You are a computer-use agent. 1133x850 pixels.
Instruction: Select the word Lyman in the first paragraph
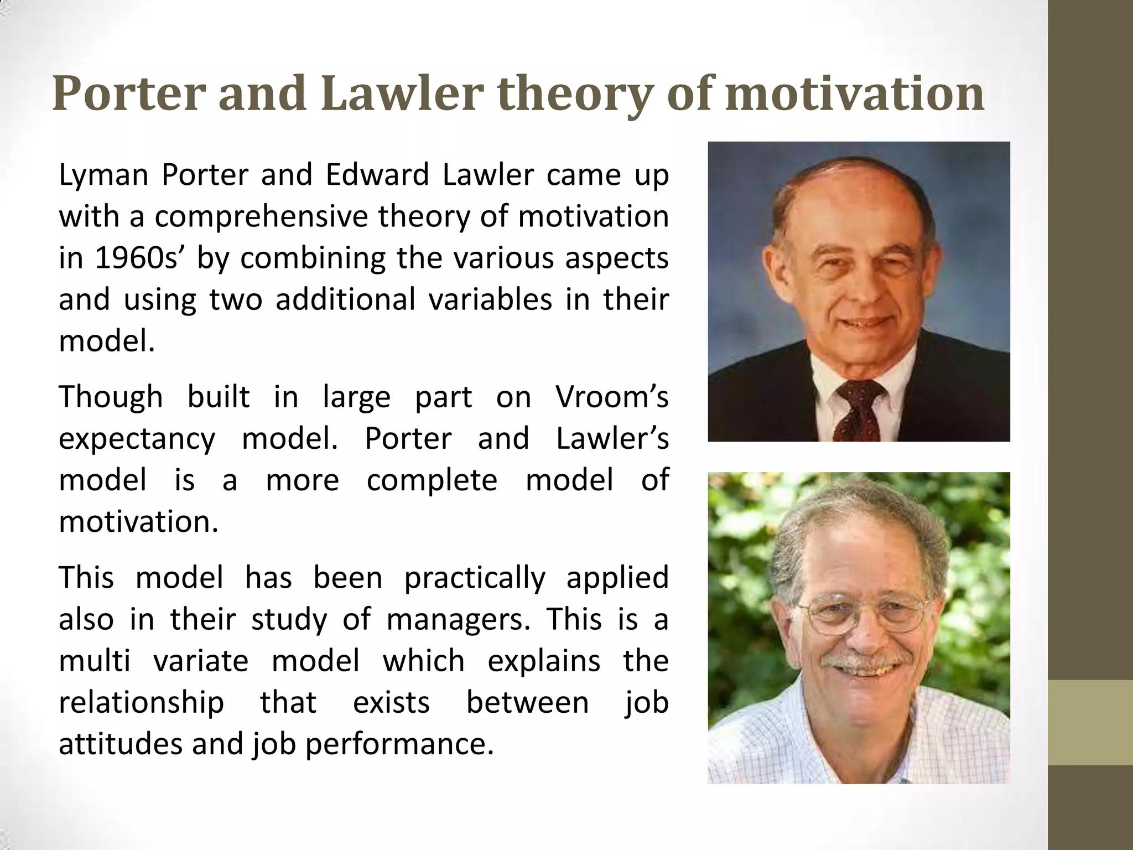103,176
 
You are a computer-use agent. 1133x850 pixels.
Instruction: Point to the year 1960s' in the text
139,258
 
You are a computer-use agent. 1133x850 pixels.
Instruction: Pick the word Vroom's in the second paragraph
612,397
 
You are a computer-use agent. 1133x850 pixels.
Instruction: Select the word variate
201,661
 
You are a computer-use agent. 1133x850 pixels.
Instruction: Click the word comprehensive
261,217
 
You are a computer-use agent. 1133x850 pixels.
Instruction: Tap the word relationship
141,703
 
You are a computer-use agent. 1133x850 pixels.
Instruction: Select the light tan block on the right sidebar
1090,722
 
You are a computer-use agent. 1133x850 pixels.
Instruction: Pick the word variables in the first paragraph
490,300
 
